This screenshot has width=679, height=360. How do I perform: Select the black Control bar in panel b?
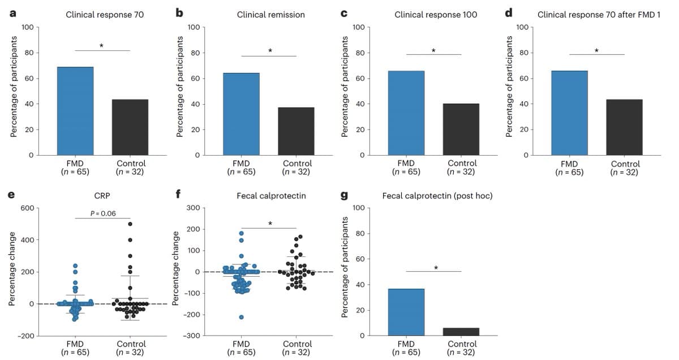(x=296, y=131)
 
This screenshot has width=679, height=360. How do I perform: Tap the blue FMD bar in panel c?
(x=406, y=113)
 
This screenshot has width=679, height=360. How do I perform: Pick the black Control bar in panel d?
(x=624, y=127)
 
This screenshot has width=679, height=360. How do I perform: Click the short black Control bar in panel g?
(x=461, y=332)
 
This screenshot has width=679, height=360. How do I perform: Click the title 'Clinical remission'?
(x=270, y=15)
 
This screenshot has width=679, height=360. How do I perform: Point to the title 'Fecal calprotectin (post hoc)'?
(x=437, y=196)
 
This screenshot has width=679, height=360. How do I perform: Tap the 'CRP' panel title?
(x=102, y=196)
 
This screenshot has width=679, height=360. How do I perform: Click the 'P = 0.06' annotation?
(x=102, y=213)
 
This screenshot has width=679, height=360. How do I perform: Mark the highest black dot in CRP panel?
(x=130, y=224)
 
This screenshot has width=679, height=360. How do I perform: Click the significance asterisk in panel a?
(x=101, y=45)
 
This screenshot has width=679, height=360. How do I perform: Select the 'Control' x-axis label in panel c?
(x=461, y=163)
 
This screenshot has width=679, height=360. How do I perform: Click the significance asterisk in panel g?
(x=436, y=267)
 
